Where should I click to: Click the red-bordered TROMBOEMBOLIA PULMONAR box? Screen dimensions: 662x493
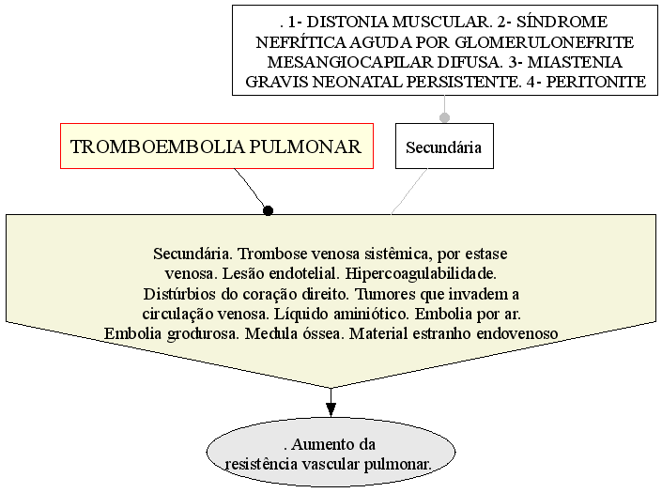217,146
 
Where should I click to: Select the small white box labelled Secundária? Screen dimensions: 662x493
444,146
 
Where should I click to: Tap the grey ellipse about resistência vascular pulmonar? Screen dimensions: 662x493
331,452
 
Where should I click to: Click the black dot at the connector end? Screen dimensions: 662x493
268,209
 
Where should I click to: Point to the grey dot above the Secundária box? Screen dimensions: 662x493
444,117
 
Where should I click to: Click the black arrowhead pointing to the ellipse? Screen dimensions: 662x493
331,409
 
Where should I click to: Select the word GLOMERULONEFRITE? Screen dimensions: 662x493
545,42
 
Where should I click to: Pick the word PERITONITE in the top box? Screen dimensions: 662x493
596,82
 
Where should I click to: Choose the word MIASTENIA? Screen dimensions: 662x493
575,62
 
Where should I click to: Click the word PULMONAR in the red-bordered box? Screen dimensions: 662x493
305,146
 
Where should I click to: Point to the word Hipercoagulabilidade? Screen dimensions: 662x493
421,274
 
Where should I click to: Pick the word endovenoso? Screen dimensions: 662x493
517,334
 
